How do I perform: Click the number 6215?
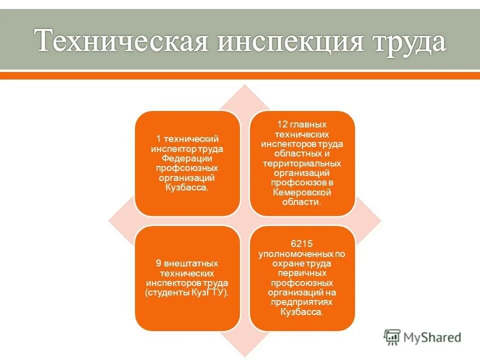pyautogui.click(x=301, y=244)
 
